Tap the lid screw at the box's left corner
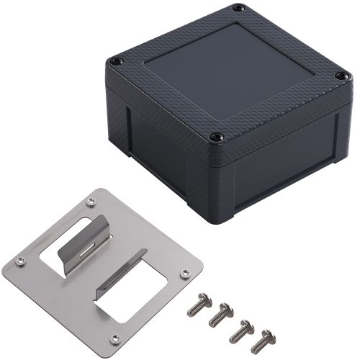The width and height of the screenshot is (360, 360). [113, 62]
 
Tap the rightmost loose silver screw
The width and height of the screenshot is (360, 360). [265, 340]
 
